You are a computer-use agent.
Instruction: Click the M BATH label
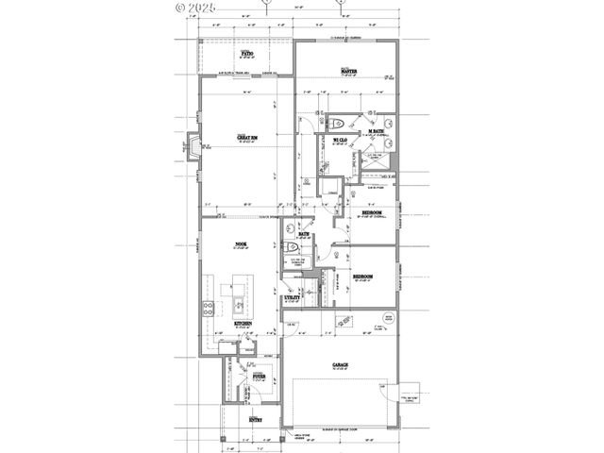coord(375,131)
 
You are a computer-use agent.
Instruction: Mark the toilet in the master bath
coord(342,123)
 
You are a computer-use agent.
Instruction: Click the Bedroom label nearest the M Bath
coord(372,212)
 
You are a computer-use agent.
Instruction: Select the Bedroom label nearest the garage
coord(362,276)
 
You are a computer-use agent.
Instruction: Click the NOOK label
coord(241,245)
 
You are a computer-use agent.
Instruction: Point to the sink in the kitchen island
coord(239,304)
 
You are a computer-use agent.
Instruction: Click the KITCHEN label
coord(243,324)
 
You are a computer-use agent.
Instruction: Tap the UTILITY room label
coord(293,297)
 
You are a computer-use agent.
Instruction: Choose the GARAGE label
coord(340,364)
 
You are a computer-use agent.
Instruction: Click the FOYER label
coord(257,376)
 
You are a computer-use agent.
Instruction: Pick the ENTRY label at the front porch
coord(255,418)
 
